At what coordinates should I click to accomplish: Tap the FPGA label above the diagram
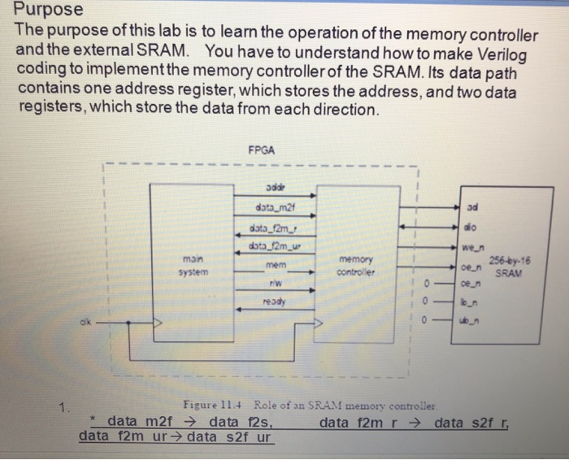click(x=262, y=150)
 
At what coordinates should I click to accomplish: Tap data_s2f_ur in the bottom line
click(x=230, y=436)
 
